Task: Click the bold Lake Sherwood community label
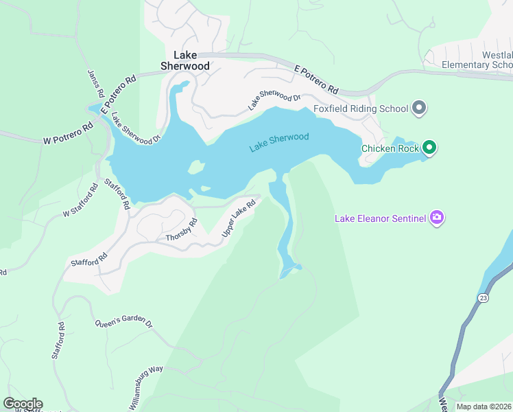point(184,60)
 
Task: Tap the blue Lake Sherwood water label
point(279,142)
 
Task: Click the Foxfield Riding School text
point(361,108)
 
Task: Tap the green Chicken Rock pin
point(429,147)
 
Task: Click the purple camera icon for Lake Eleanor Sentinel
point(436,218)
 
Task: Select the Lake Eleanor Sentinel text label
point(380,219)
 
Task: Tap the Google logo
point(23,404)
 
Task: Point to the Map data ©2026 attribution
point(484,407)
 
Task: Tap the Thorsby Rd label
point(181,231)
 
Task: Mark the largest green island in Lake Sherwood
point(196,167)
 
